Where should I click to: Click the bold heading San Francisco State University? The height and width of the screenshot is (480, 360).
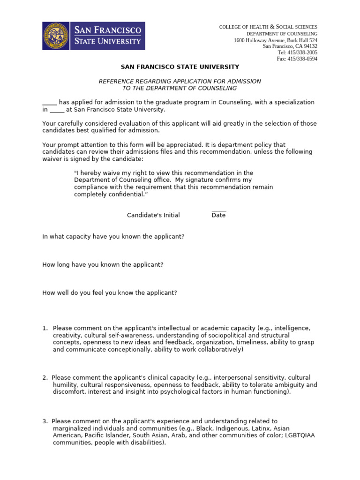coord(180,67)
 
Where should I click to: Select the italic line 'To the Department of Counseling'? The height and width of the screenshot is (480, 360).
coord(180,88)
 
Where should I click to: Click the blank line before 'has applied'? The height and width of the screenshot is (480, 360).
coord(49,103)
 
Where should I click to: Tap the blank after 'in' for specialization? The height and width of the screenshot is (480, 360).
coord(57,110)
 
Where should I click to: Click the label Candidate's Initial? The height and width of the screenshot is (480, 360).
coord(153,215)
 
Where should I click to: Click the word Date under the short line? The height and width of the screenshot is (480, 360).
coord(218,215)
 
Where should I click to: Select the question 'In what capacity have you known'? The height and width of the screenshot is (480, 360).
coord(113,237)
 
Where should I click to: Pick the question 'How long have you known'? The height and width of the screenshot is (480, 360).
coord(103,265)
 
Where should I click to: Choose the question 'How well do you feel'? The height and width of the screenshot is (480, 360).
coord(110,293)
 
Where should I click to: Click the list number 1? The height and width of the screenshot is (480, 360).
coord(45,328)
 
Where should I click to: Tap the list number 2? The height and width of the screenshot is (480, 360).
coord(45,377)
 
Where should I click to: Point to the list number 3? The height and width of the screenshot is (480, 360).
coord(45,421)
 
